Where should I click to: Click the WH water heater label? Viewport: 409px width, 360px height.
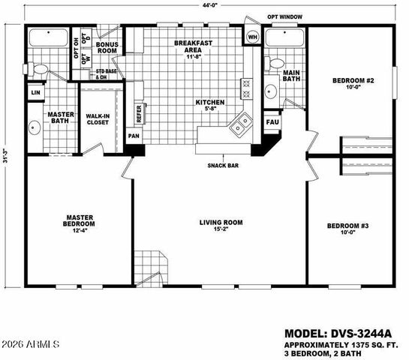[252, 36]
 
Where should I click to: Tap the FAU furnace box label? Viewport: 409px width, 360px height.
[272, 121]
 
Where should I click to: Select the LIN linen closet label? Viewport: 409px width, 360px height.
[35, 92]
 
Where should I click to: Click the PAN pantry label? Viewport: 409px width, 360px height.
[134, 136]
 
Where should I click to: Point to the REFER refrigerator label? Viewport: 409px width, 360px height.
[139, 113]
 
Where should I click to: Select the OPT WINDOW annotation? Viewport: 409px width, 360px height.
[285, 15]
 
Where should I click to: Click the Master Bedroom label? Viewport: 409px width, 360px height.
[79, 220]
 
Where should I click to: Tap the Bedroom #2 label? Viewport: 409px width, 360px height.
[350, 82]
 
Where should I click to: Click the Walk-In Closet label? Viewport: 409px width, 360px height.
[98, 119]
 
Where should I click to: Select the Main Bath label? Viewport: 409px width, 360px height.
[290, 76]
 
